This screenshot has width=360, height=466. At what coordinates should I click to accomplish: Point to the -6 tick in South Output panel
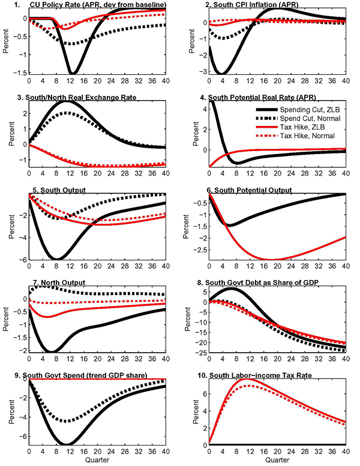click(23, 259)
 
